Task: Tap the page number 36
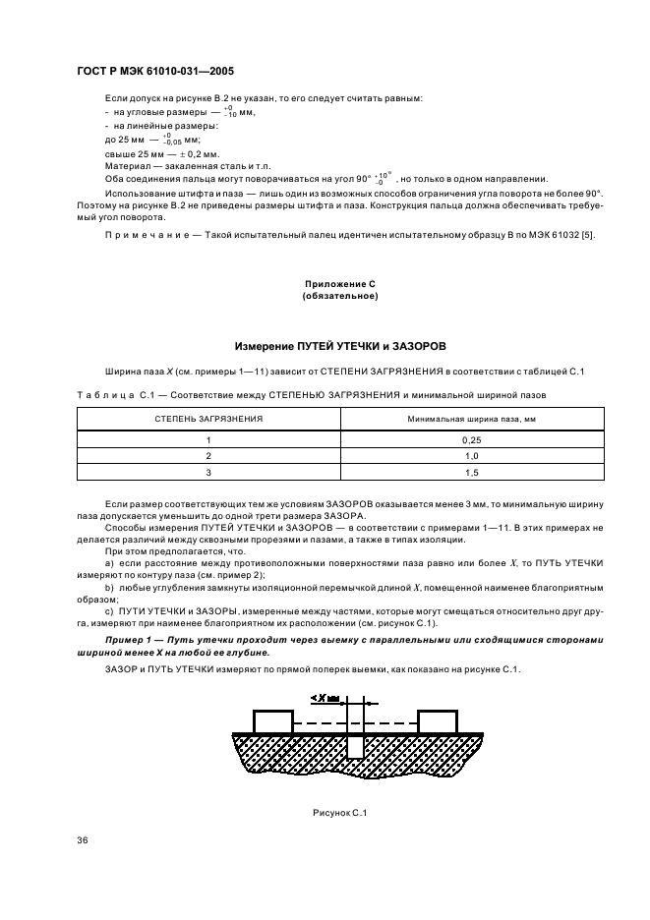point(83,838)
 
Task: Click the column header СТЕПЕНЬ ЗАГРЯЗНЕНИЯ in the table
point(207,419)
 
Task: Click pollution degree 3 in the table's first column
point(207,473)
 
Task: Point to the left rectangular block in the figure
point(272,720)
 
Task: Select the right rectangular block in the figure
point(436,720)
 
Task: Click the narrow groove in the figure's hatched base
point(354,745)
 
